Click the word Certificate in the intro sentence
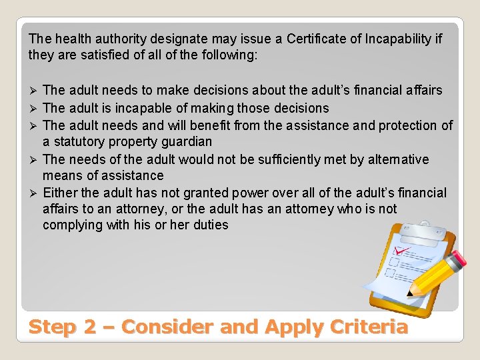[316, 39]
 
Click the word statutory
[80, 141]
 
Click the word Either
[61, 193]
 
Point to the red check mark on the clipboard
[402, 251]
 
